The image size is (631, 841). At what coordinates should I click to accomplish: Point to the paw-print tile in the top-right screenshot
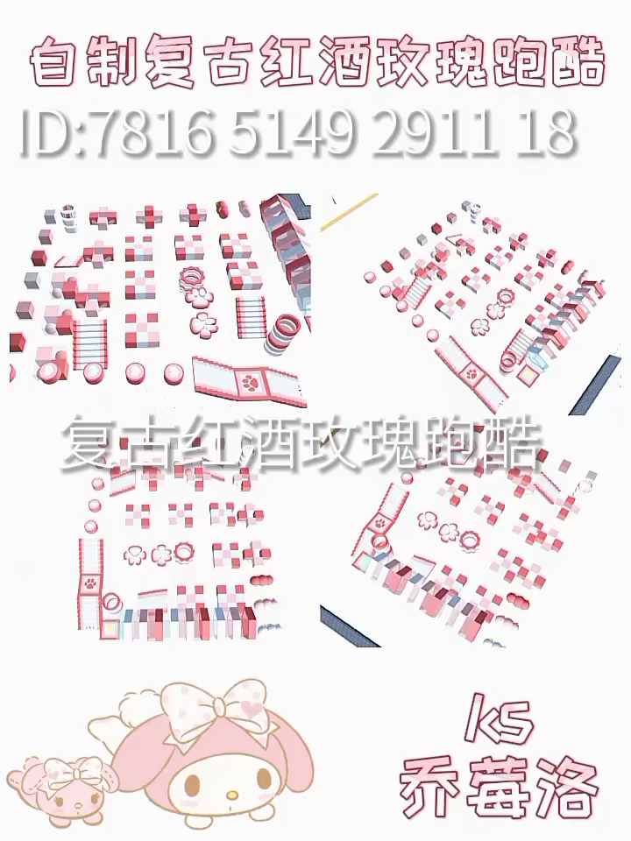click(x=472, y=371)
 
